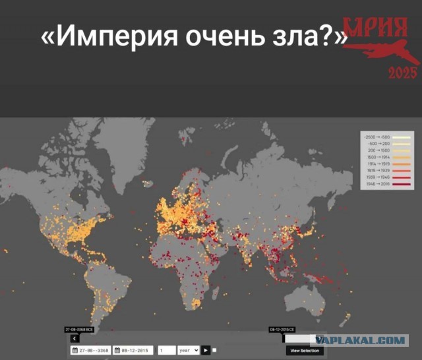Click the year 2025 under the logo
(402, 73)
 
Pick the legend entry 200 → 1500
(377, 150)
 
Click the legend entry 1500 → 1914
(377, 157)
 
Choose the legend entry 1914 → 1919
(377, 164)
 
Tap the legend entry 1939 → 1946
(377, 177)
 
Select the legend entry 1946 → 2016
(377, 185)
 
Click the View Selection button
(305, 351)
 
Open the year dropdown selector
(188, 351)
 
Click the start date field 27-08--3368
(90, 351)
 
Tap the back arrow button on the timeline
(74, 338)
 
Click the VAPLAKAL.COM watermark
(359, 340)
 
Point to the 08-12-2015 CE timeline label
(282, 328)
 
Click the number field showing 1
(167, 351)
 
